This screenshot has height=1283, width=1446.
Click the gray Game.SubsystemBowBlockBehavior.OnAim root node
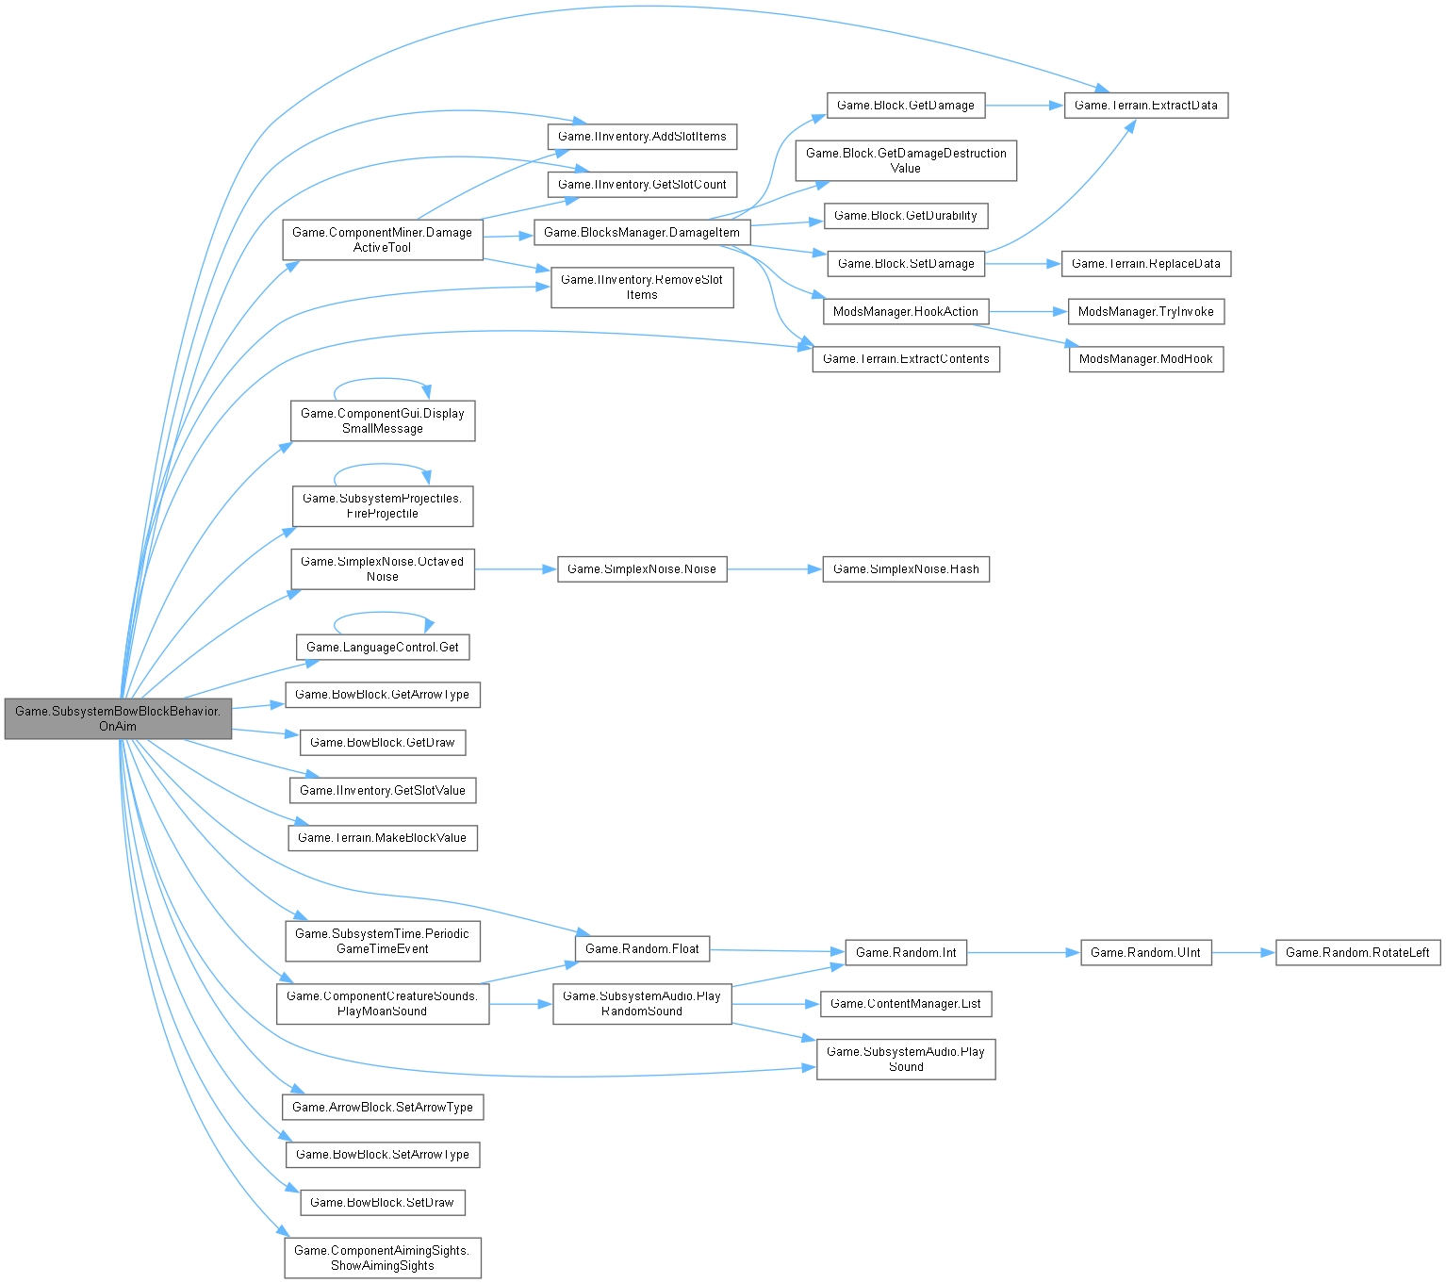click(x=118, y=718)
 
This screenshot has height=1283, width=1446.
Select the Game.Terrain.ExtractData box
click(x=1145, y=105)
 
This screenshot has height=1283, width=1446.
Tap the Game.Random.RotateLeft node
click(x=1357, y=952)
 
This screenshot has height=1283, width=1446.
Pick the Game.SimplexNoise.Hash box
click(x=906, y=569)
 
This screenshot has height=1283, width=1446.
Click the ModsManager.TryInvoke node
click(x=1145, y=311)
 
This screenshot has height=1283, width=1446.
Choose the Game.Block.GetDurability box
click(x=906, y=216)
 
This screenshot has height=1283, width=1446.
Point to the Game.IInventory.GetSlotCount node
click(x=642, y=184)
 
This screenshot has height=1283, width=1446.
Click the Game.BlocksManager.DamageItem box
click(x=642, y=232)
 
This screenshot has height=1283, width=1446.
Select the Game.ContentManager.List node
click(x=906, y=1004)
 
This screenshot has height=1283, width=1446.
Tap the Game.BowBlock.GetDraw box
click(x=383, y=743)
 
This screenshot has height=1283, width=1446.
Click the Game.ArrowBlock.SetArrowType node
click(x=383, y=1107)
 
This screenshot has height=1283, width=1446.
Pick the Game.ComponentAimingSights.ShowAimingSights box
click(x=383, y=1258)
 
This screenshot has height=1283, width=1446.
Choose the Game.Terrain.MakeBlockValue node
click(x=383, y=837)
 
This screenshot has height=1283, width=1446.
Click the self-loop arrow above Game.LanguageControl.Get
click(x=383, y=613)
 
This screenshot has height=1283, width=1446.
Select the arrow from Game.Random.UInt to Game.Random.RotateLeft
click(x=1243, y=952)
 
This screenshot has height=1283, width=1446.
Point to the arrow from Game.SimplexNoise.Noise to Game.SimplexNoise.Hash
click(x=775, y=569)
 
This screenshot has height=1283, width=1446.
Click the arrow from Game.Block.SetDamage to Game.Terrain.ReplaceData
click(x=1023, y=263)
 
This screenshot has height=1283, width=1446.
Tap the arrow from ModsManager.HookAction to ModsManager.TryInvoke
click(x=1028, y=311)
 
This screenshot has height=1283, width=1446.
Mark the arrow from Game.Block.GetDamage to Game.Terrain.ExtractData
click(x=1025, y=105)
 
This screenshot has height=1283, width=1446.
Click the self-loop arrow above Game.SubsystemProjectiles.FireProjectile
click(x=383, y=464)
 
